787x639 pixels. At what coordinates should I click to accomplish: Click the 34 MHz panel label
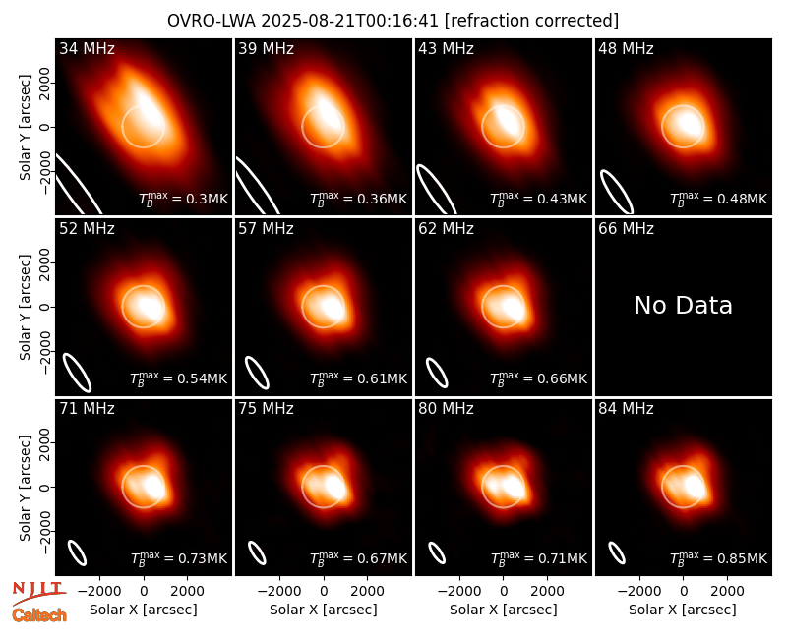(87, 48)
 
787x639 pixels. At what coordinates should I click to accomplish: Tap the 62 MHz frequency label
(446, 229)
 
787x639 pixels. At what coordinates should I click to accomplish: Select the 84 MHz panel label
(626, 409)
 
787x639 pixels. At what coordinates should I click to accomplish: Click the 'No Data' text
(683, 305)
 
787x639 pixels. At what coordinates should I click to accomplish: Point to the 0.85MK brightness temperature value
(719, 557)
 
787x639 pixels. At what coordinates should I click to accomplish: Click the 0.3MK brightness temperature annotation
(184, 199)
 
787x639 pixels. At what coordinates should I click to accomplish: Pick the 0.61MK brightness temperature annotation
(358, 378)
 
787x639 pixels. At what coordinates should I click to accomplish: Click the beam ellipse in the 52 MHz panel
(77, 373)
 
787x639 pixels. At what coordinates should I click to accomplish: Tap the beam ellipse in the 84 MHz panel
(617, 552)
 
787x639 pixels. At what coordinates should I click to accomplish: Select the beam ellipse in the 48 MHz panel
(617, 192)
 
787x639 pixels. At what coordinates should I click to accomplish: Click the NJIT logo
(38, 593)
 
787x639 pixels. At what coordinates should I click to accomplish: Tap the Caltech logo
(39, 615)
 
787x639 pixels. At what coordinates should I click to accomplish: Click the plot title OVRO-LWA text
(212, 21)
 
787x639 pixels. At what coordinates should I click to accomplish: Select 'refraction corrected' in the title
(531, 21)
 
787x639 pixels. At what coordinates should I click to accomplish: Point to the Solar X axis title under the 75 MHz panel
(324, 610)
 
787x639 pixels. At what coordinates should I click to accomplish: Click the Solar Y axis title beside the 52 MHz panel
(25, 307)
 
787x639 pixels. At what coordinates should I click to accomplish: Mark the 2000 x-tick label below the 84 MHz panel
(727, 592)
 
